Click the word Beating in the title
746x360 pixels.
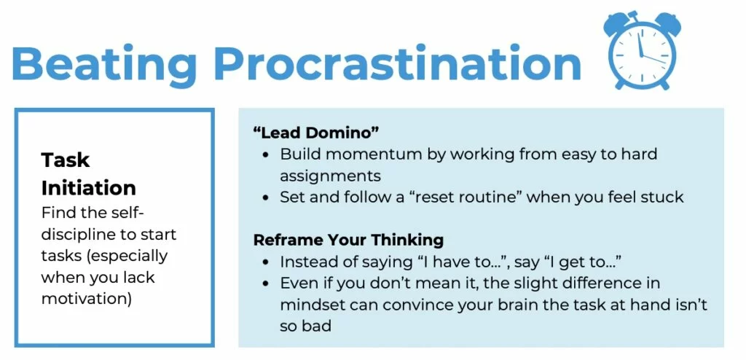click(x=103, y=64)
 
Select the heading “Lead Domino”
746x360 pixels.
click(x=316, y=133)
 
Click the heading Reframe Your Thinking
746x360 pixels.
click(x=348, y=240)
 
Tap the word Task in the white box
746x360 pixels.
click(x=65, y=160)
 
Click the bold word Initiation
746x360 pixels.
click(x=88, y=188)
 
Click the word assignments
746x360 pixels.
click(x=330, y=176)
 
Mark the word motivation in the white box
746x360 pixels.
click(x=86, y=299)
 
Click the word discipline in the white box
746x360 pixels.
click(x=79, y=234)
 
